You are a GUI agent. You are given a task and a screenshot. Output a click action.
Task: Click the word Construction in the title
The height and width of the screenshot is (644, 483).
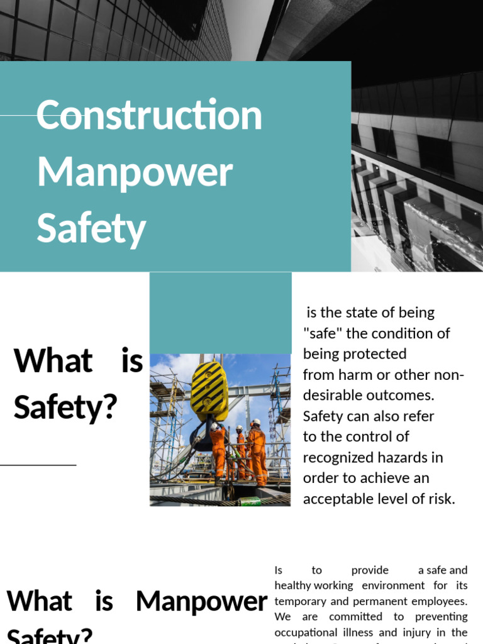[x=149, y=116]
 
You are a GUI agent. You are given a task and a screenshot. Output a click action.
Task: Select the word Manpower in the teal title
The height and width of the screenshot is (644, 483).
[x=135, y=172]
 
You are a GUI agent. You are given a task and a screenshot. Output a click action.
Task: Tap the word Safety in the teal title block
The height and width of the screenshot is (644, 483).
[x=91, y=228]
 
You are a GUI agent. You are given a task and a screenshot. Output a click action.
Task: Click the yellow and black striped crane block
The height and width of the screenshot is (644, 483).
[x=209, y=390]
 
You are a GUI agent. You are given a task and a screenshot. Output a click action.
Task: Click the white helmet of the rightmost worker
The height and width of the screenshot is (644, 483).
[x=256, y=422]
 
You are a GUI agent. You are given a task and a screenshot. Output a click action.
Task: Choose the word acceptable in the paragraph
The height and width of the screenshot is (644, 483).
[x=337, y=499]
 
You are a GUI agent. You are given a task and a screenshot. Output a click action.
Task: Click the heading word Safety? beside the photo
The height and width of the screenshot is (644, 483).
[x=65, y=408]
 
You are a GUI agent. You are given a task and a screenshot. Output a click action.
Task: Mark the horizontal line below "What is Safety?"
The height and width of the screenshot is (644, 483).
[x=38, y=465]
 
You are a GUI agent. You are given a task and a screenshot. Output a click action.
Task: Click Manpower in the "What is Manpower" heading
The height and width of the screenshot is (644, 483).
[x=201, y=602]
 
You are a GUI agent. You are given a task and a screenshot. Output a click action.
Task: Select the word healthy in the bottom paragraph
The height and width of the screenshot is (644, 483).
[x=292, y=586]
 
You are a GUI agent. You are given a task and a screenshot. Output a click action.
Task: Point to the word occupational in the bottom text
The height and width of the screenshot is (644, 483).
[x=303, y=632]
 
